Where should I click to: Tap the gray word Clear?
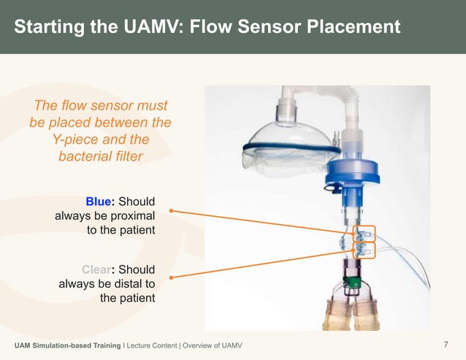pyautogui.click(x=96, y=269)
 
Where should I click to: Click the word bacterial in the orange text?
pyautogui.click(x=83, y=156)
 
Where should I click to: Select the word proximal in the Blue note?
pyautogui.click(x=130, y=215)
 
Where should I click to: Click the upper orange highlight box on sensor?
pyautogui.click(x=364, y=234)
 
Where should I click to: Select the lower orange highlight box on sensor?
pyautogui.click(x=364, y=250)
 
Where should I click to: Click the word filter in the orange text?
pyautogui.click(x=126, y=156)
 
